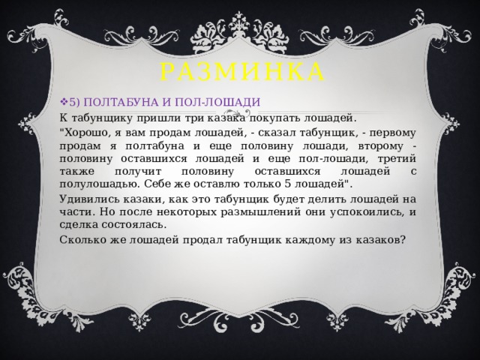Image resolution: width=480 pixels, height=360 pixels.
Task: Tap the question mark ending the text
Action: point(404,240)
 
